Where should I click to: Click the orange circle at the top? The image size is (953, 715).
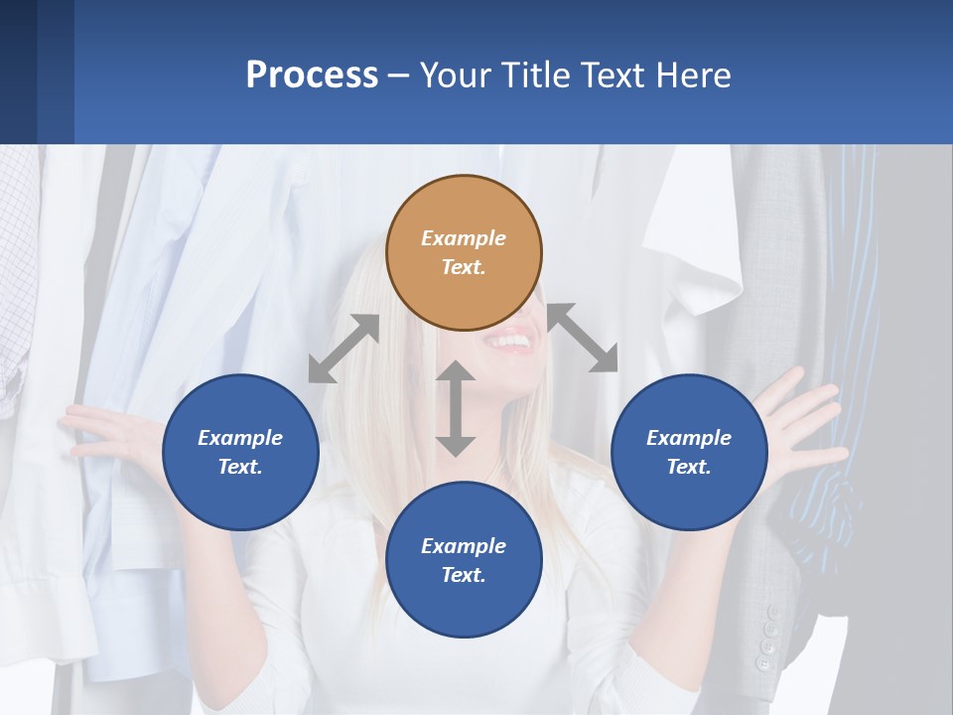pos(464,253)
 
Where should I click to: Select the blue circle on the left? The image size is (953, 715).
pos(240,452)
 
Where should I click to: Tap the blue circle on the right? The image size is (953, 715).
pos(689,452)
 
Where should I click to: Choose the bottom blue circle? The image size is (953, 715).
pos(464,560)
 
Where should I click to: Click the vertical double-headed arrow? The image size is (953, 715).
pos(456,408)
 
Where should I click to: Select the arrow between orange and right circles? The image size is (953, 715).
pos(583,338)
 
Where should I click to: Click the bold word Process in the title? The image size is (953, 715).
pos(312,74)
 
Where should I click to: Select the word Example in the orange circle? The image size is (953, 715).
pos(464,238)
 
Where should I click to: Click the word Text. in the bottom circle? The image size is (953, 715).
pos(464,575)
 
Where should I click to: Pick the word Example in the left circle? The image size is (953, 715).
pos(240,438)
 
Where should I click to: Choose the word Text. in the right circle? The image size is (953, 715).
pos(689,467)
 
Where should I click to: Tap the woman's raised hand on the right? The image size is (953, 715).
pos(799,417)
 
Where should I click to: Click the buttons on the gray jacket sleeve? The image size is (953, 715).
pos(767,636)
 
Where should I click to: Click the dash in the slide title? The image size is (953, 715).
pos(398,76)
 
